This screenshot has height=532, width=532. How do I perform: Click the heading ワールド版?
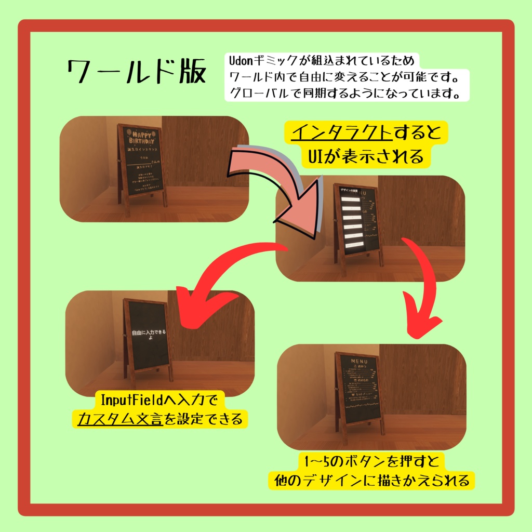136,72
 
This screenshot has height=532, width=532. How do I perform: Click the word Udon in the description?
240,61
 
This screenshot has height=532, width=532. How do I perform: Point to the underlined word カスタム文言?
119,419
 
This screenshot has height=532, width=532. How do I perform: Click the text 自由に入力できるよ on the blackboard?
147,336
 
